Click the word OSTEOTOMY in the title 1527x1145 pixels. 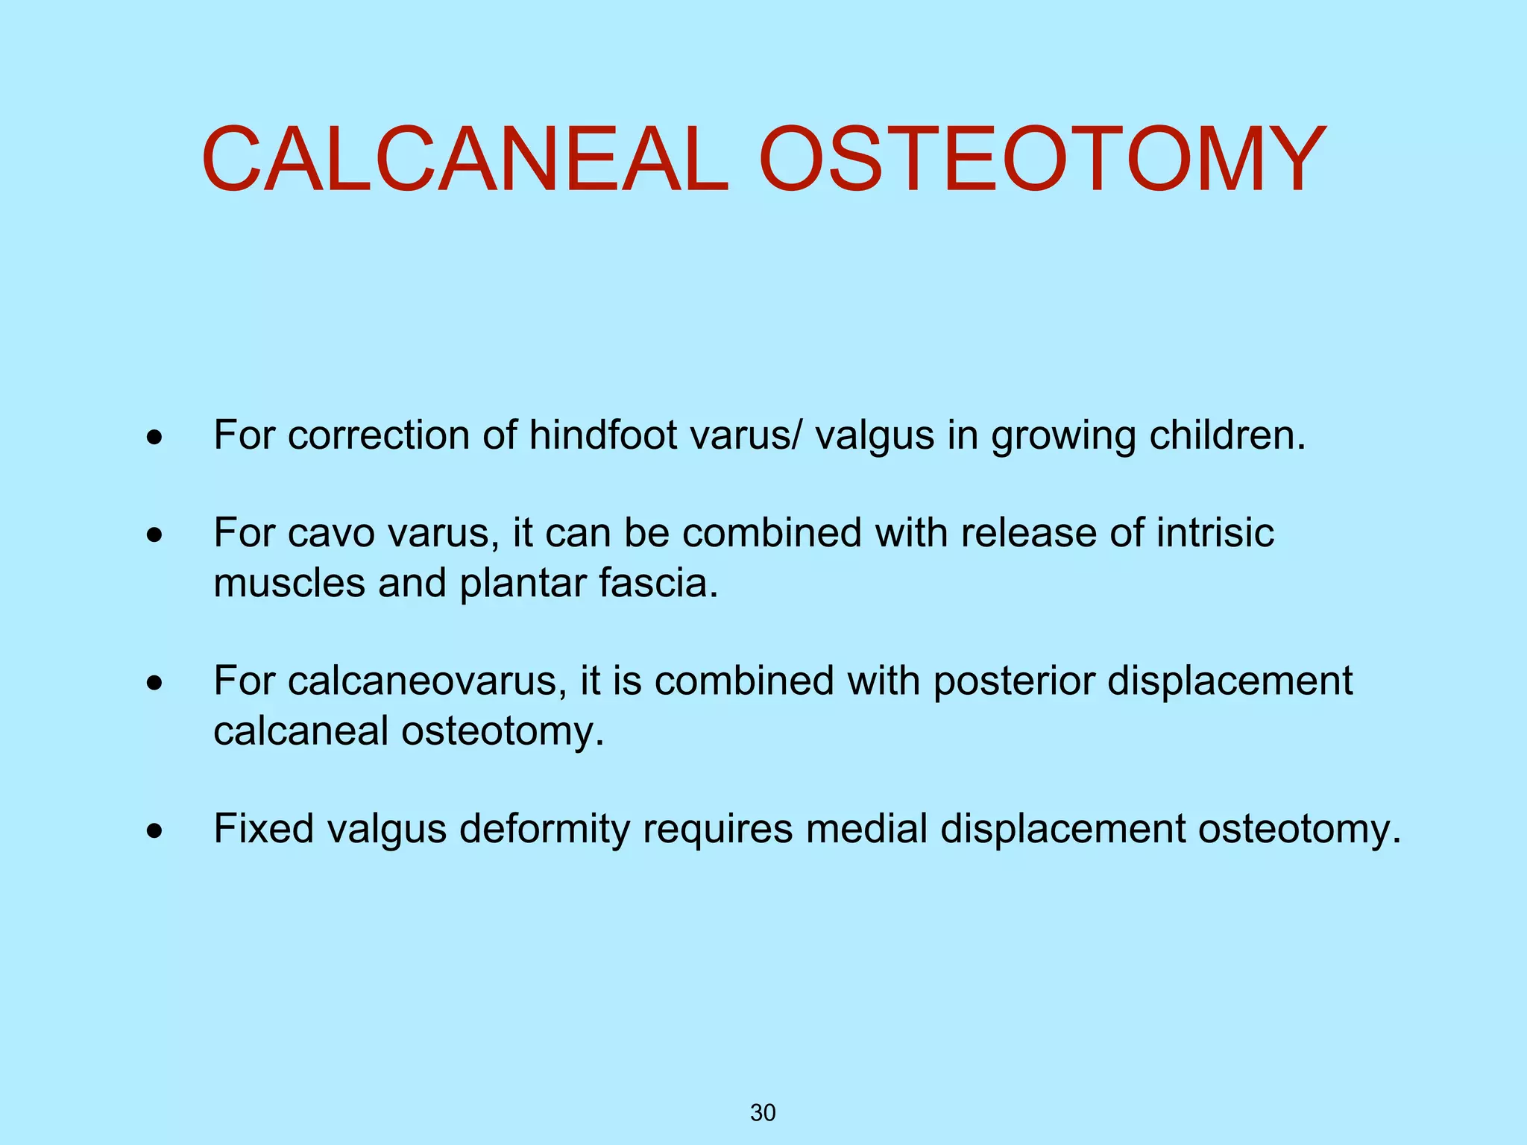[1042, 160]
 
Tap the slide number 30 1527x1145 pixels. [763, 1113]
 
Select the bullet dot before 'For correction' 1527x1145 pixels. [154, 438]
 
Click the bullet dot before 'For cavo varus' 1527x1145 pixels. [154, 535]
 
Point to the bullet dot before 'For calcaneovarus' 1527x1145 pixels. [154, 683]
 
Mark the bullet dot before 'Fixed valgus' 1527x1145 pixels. [154, 830]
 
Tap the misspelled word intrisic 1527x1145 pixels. [1215, 532]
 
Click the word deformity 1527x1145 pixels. [544, 828]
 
